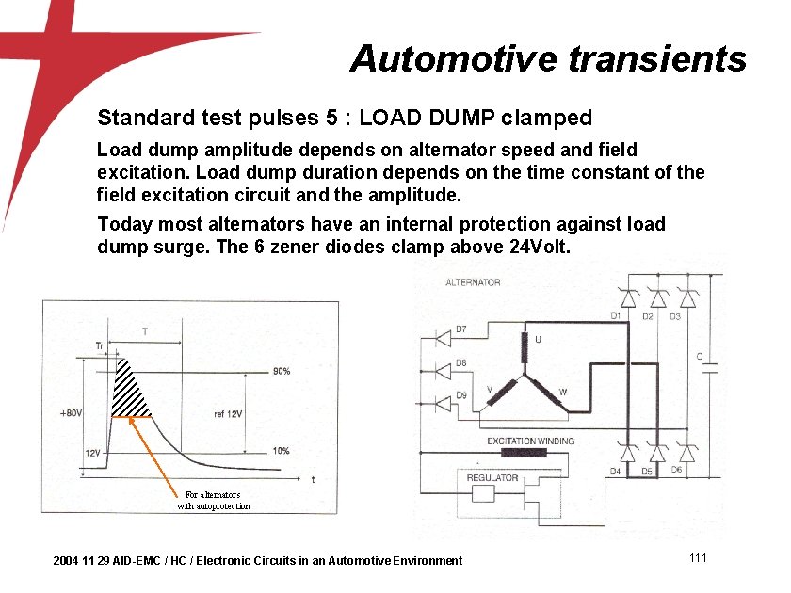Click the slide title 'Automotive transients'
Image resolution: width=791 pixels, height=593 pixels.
click(548, 59)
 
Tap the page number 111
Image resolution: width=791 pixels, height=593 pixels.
click(698, 558)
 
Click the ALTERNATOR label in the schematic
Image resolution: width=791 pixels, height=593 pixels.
click(473, 282)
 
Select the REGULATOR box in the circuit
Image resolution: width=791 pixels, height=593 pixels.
click(492, 477)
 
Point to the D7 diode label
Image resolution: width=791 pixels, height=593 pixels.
click(460, 329)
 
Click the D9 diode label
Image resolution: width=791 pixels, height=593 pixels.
click(460, 395)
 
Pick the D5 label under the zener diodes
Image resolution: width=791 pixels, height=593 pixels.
click(646, 471)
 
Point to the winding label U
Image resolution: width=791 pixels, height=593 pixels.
click(538, 339)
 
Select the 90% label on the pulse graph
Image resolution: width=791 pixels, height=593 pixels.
click(281, 371)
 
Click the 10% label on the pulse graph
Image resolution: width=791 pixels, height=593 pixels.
click(281, 451)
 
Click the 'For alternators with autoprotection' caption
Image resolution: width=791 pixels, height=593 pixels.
click(214, 500)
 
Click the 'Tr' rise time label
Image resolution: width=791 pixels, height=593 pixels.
click(100, 346)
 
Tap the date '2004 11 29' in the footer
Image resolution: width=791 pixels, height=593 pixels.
click(81, 561)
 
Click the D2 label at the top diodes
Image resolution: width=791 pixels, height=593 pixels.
click(648, 316)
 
